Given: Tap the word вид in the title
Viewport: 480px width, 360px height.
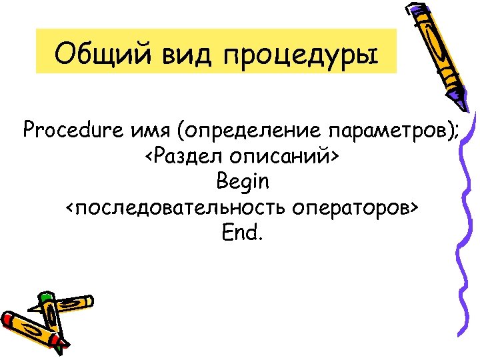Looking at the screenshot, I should point(179,51).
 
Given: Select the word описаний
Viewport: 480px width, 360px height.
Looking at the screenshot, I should point(281,156).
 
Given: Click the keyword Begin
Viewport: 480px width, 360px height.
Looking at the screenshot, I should point(243,181).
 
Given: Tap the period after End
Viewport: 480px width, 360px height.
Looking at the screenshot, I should point(261,239).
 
